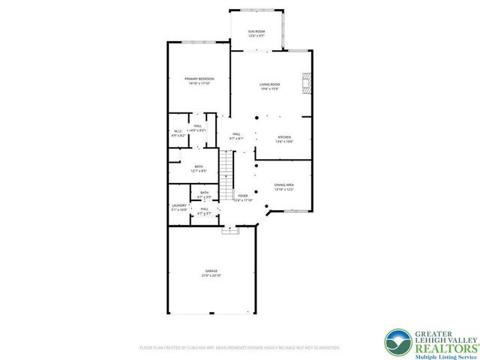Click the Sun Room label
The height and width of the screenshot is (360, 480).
tap(256, 31)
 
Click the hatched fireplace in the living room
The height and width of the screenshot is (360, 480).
tap(305, 82)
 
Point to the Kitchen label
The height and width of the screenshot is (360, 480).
tap(284, 137)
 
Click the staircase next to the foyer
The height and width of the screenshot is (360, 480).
tap(227, 172)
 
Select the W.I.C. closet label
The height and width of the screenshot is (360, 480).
tap(177, 132)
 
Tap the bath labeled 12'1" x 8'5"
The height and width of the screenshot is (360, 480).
tap(199, 169)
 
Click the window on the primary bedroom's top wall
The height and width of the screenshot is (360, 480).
tap(199, 43)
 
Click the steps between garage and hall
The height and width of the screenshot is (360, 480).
tap(229, 231)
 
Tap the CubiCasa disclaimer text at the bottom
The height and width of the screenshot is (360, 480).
tap(239, 347)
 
